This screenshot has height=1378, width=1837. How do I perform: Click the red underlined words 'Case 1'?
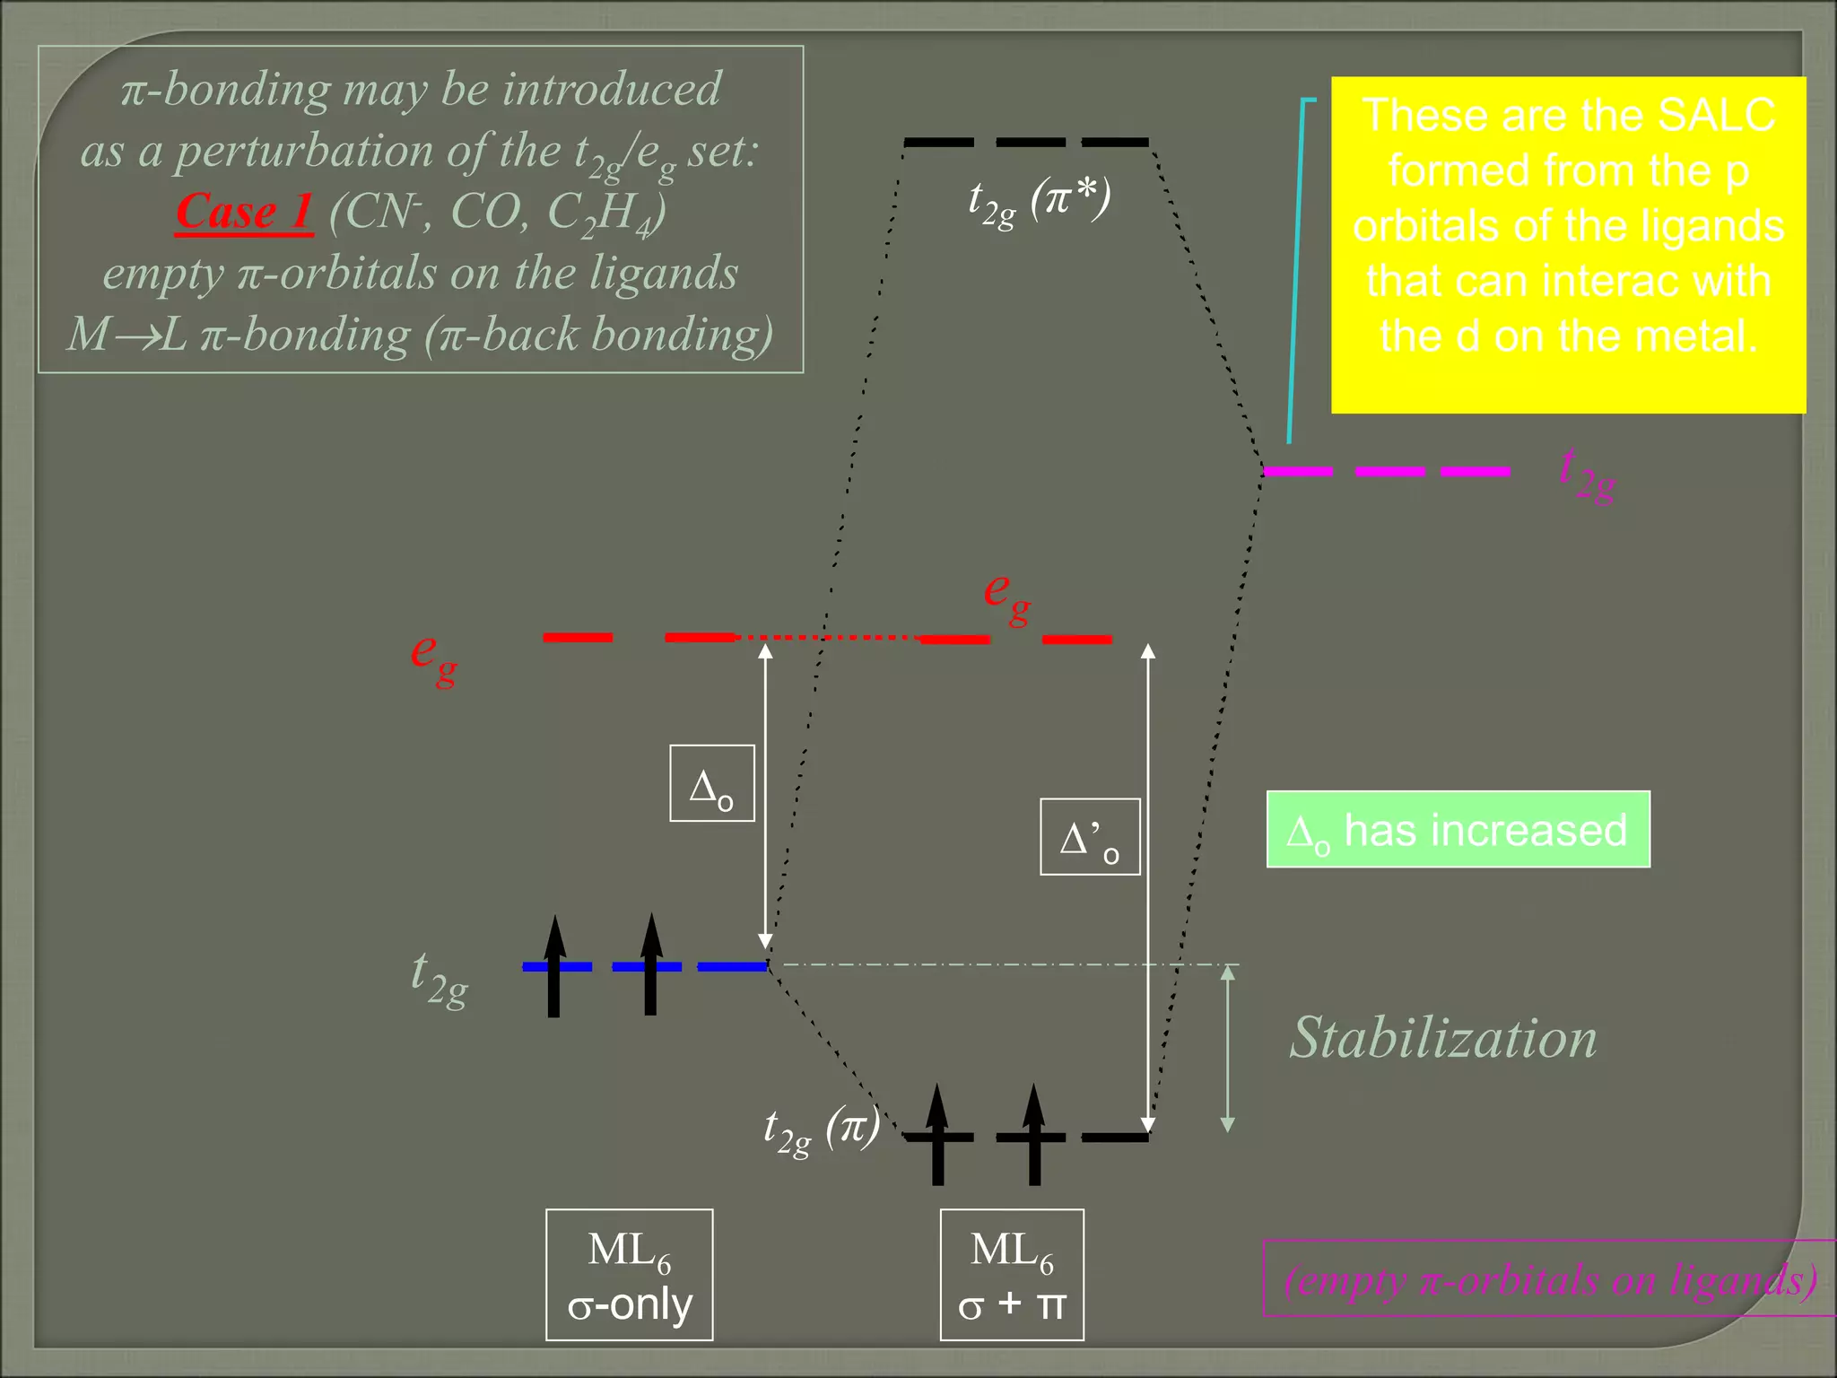pyautogui.click(x=244, y=213)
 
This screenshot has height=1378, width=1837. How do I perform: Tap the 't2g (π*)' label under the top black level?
pyautogui.click(x=1039, y=200)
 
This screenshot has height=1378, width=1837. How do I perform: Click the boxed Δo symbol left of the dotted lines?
pyautogui.click(x=711, y=783)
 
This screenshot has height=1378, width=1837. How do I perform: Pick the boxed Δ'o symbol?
pyautogui.click(x=1089, y=837)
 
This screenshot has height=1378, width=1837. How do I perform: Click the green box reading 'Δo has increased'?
pyautogui.click(x=1458, y=830)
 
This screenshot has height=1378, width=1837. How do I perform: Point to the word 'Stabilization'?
pyautogui.click(x=1442, y=1038)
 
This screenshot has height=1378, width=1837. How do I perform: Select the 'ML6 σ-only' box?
pyautogui.click(x=629, y=1275)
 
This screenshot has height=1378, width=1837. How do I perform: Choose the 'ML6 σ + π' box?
pyautogui.click(x=1011, y=1275)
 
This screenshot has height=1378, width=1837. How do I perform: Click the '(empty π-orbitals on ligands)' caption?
pyautogui.click(x=1550, y=1278)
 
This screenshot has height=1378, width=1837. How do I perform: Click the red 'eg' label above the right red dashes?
pyautogui.click(x=1006, y=596)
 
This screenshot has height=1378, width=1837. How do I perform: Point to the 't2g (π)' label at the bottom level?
pyautogui.click(x=821, y=1129)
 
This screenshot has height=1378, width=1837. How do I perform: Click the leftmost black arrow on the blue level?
pyautogui.click(x=554, y=966)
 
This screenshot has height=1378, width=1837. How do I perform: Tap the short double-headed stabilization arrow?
pyautogui.click(x=1228, y=1049)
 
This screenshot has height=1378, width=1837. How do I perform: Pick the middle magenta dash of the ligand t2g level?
pyautogui.click(x=1389, y=471)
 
